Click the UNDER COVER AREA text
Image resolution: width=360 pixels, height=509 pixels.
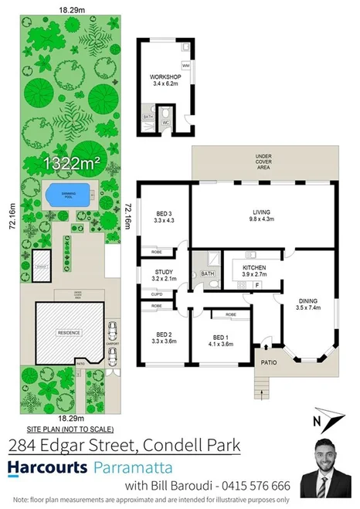pyautogui.click(x=263, y=162)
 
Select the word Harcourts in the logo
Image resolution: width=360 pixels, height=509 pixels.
pyautogui.click(x=47, y=467)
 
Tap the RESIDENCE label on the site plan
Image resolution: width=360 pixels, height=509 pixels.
pyautogui.click(x=69, y=332)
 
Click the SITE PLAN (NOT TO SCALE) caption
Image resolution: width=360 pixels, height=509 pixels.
pyautogui.click(x=70, y=429)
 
